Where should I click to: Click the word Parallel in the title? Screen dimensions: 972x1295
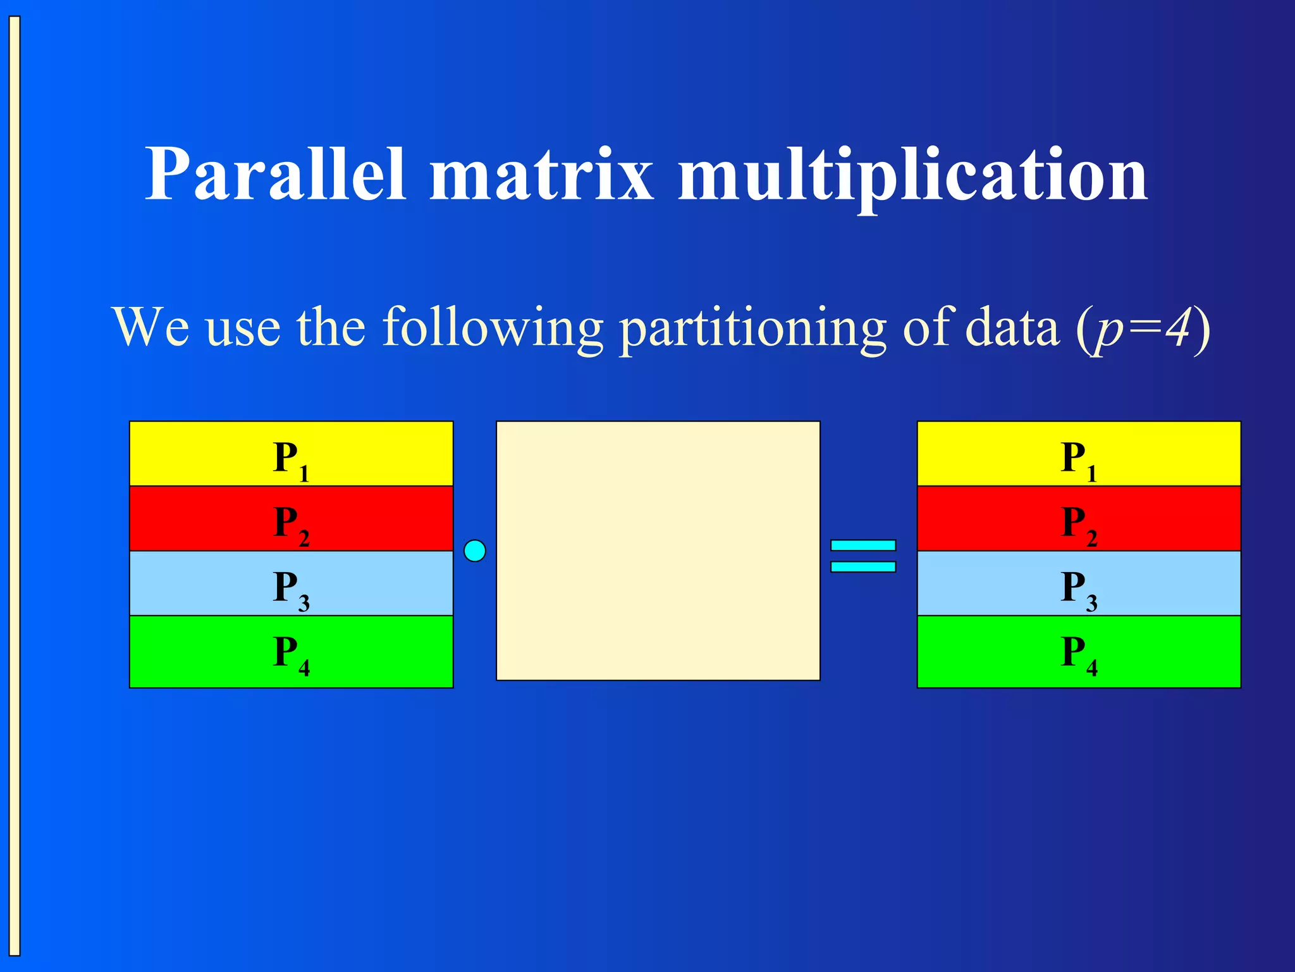(275, 174)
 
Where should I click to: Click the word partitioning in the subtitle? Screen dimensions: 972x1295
(752, 329)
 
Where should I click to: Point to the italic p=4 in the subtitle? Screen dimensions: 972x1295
(1142, 329)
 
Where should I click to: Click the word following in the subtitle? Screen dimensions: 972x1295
(493, 329)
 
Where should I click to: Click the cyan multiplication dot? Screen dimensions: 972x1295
(475, 551)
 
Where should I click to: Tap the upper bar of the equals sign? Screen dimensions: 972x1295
(863, 545)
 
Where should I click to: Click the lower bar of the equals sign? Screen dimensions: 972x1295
(863, 567)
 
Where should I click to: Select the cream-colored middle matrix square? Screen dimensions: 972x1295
(658, 551)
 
